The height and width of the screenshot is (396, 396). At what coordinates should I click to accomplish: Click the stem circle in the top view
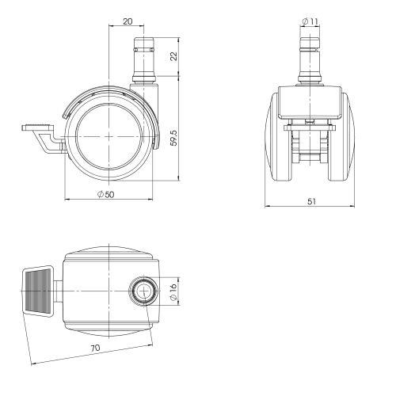[144, 291]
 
